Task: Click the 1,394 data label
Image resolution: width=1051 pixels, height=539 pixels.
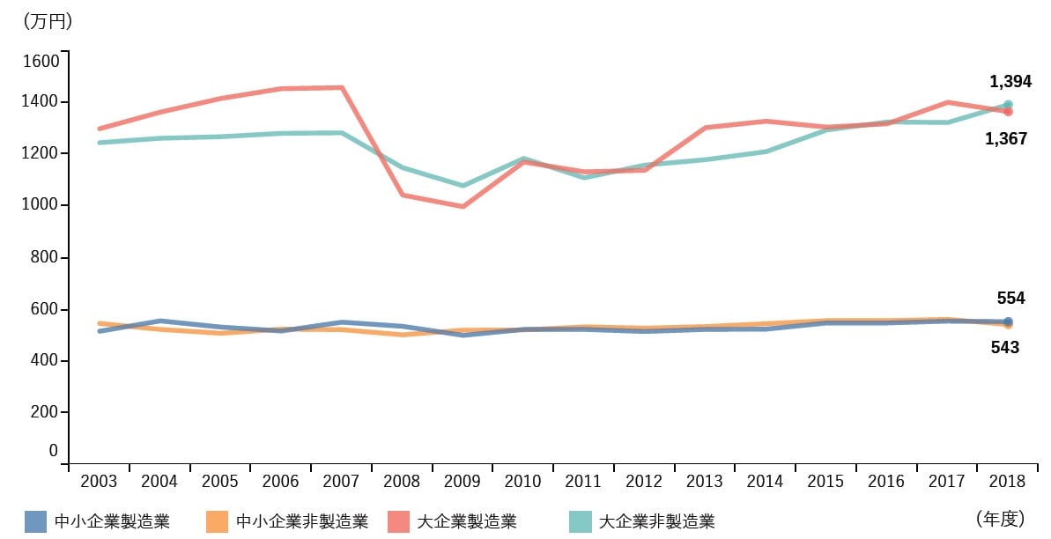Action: coord(1010,82)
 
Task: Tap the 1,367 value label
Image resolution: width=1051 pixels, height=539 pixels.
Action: coord(1005,139)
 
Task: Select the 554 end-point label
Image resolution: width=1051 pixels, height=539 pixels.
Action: coord(1010,299)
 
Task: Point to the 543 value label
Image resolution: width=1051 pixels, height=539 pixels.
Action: coord(1005,347)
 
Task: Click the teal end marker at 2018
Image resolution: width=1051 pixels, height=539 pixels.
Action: coord(1008,105)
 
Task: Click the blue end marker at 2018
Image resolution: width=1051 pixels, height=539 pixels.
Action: coord(1008,321)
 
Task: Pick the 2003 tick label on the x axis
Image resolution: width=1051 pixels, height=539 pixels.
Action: coord(99,482)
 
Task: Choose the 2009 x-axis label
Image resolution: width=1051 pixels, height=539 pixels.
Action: coord(462,482)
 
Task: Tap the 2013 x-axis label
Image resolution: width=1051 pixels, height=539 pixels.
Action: coord(705,482)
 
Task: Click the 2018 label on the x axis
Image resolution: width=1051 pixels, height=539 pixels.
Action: coord(1007,482)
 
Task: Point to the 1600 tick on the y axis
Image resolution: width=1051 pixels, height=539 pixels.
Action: coord(41,61)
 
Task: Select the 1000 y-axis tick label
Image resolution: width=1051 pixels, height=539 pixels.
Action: coord(41,205)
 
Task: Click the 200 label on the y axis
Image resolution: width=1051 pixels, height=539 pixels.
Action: coord(44,411)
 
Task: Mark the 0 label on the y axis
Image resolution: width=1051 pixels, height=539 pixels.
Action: coord(54,451)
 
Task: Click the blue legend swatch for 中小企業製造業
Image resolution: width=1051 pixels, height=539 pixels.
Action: coord(35,521)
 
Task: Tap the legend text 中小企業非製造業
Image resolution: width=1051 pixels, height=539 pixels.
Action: coord(302,521)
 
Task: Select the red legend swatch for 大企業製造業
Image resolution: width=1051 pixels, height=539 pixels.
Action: coord(398,521)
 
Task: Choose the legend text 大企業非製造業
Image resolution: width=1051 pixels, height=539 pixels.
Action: coord(657,521)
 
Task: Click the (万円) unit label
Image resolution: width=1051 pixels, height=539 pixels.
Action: coord(48,22)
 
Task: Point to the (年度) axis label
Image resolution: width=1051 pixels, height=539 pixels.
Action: coord(1001,518)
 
